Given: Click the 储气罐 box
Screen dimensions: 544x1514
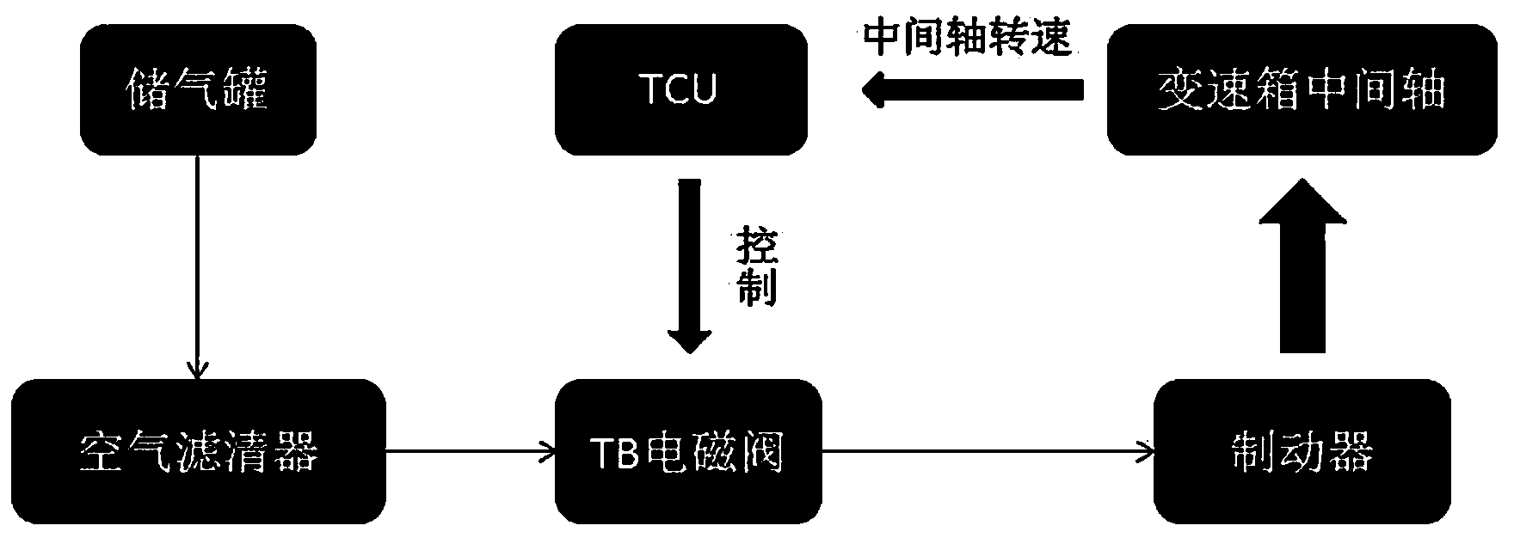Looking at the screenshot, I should point(198,89).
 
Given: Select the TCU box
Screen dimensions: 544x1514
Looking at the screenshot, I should point(680,89).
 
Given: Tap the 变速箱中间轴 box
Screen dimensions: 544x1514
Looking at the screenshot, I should point(1301,89).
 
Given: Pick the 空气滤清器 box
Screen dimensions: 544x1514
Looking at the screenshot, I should point(199,451).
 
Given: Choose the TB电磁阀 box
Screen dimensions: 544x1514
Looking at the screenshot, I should point(687,451).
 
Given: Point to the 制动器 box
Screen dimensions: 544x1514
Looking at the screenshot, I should point(1302,451).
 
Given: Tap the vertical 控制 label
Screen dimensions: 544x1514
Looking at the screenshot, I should point(757,267).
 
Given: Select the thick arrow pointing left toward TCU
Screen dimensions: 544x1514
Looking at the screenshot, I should point(972,90).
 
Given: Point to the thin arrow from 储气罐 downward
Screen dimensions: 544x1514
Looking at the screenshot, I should point(198,266).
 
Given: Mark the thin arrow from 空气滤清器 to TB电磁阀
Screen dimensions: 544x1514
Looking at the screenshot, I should point(470,449).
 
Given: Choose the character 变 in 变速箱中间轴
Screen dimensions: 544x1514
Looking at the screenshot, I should point(1178,89).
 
